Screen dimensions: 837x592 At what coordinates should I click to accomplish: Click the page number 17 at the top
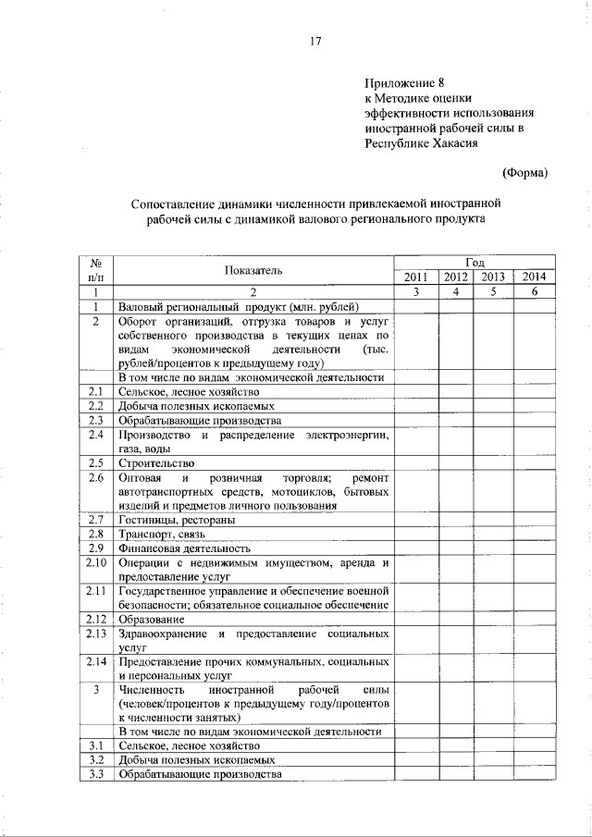click(314, 41)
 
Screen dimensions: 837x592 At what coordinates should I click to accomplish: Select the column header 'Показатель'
click(253, 270)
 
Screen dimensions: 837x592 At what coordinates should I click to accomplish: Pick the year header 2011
click(415, 277)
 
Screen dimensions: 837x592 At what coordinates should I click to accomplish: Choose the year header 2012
click(455, 277)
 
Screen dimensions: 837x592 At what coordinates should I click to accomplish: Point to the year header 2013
click(493, 277)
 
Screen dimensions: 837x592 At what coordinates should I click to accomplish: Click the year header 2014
click(534, 277)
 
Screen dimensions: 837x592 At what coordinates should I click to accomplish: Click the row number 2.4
click(95, 435)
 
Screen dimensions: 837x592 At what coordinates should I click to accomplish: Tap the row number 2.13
click(95, 634)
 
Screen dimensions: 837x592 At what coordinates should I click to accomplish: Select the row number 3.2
click(95, 759)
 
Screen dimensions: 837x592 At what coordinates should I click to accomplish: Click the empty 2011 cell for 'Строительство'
click(415, 462)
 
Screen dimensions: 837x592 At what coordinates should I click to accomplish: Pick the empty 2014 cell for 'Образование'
click(534, 619)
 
